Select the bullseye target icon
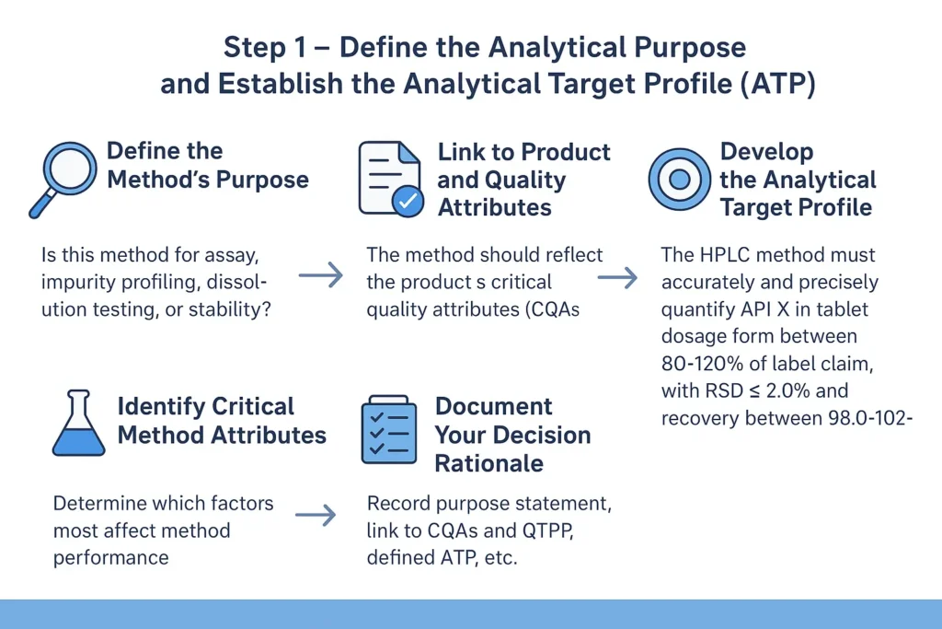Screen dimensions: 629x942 tap(679, 179)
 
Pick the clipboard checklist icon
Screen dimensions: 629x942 tap(389, 431)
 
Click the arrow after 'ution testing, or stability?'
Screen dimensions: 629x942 tap(320, 274)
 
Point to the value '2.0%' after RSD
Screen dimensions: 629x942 tap(791, 391)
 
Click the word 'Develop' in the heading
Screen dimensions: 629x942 tap(767, 151)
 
